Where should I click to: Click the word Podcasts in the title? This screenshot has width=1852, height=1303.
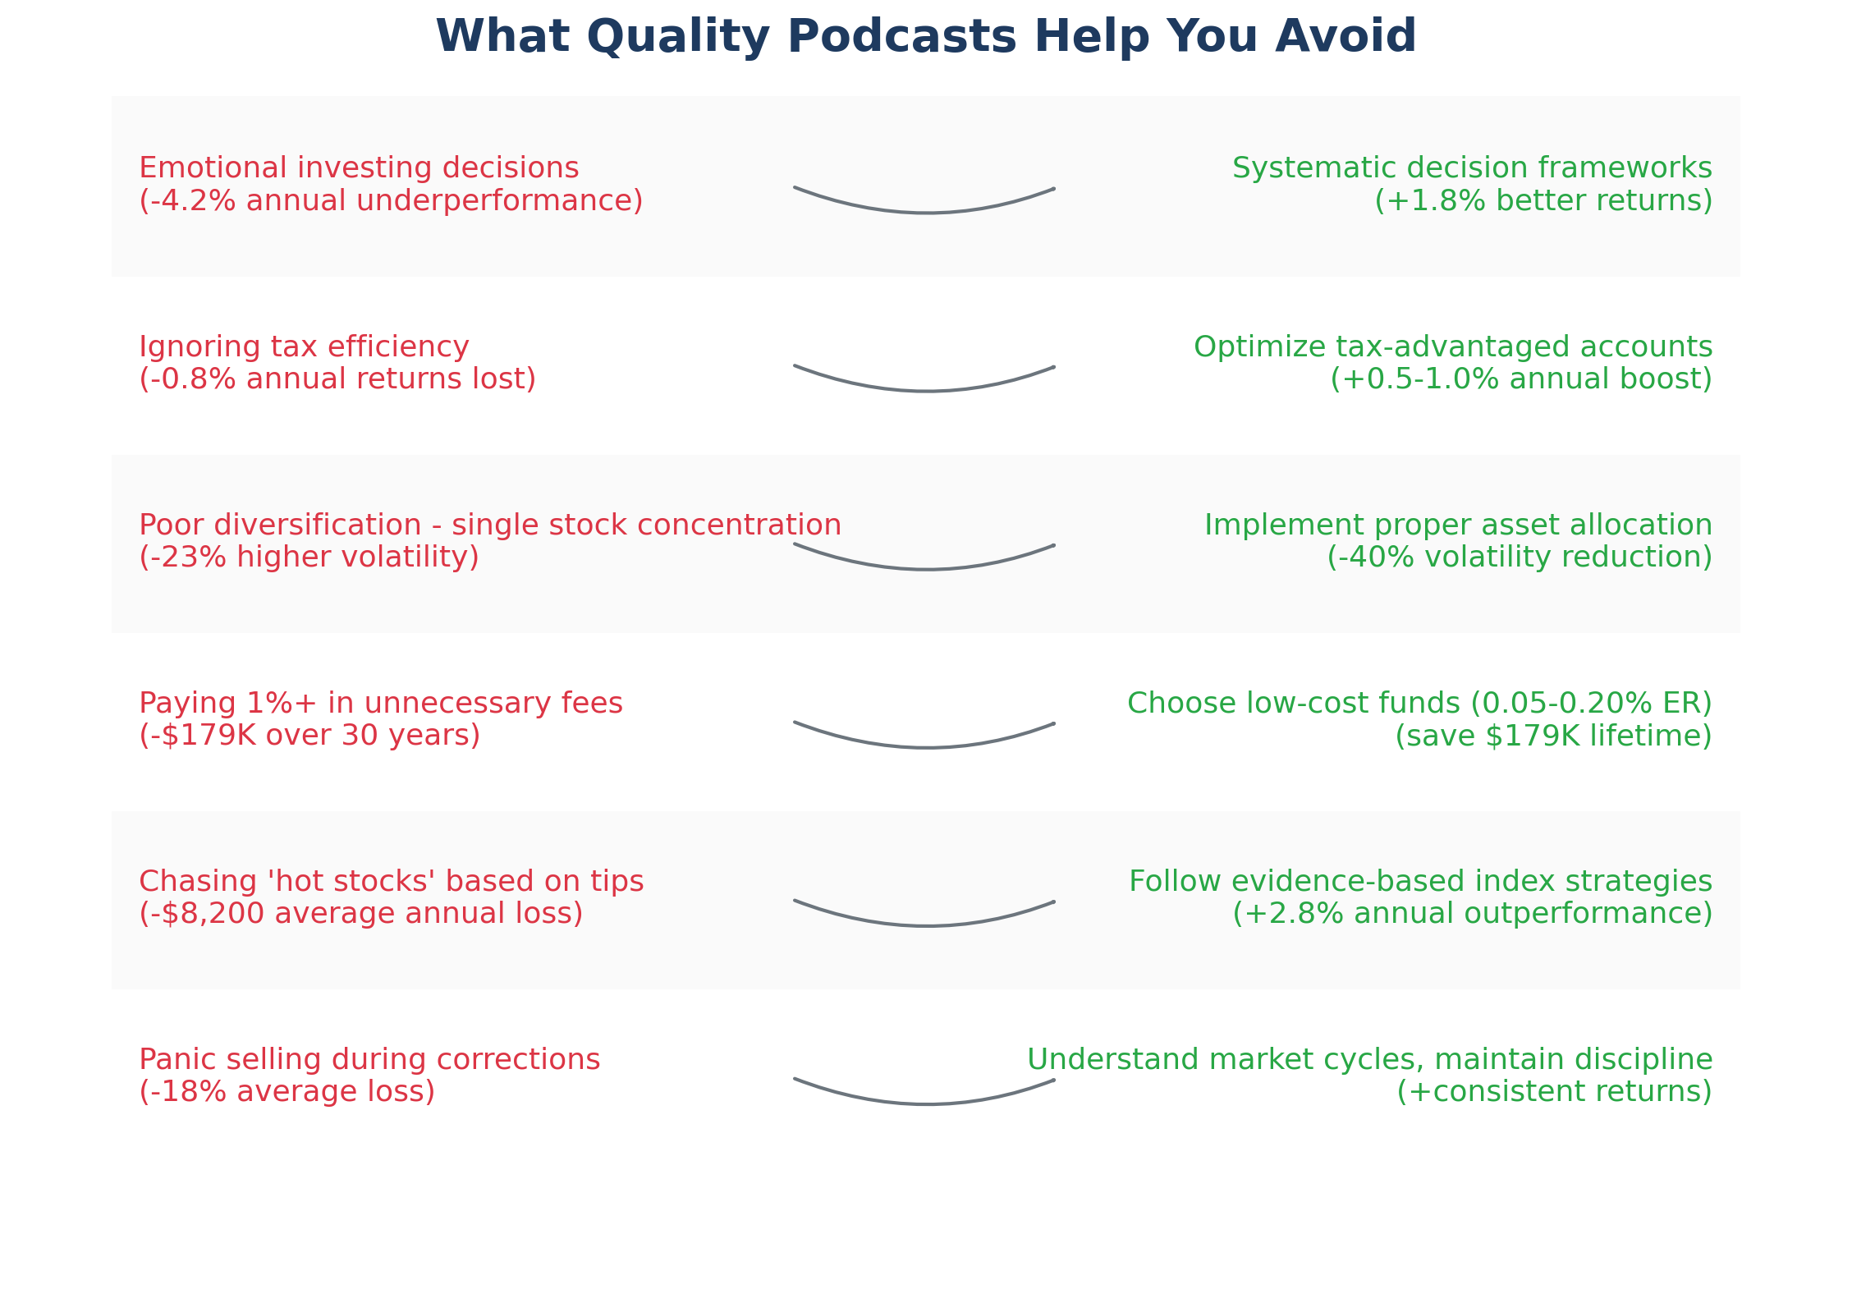(901, 38)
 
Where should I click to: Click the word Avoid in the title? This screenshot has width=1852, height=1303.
(1345, 38)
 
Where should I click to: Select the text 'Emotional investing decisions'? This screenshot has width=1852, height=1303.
(359, 168)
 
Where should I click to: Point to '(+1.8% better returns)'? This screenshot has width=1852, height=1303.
(1543, 201)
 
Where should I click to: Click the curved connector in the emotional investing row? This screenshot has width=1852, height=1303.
(925, 212)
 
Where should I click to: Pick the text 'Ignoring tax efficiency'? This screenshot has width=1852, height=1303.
(304, 347)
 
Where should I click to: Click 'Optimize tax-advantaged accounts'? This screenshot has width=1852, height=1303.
(1453, 347)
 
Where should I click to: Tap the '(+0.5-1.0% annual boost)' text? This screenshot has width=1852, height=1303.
(1521, 379)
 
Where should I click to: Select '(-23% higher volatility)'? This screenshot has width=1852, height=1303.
(309, 557)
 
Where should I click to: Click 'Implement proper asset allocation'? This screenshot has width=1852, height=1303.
(1458, 525)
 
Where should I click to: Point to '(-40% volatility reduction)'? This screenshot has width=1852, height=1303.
(1520, 557)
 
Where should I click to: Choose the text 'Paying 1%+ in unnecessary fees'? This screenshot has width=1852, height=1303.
(381, 704)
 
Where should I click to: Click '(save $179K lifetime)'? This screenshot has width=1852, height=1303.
(1553, 736)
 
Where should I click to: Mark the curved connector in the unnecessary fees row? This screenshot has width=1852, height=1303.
(925, 746)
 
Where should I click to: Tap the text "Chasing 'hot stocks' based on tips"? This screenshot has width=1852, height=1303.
(391, 882)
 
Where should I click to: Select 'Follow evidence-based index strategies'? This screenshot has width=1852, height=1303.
(1420, 882)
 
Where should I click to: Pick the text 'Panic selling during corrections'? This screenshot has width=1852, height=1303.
(369, 1060)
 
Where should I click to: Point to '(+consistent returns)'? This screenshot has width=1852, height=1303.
(1554, 1092)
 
